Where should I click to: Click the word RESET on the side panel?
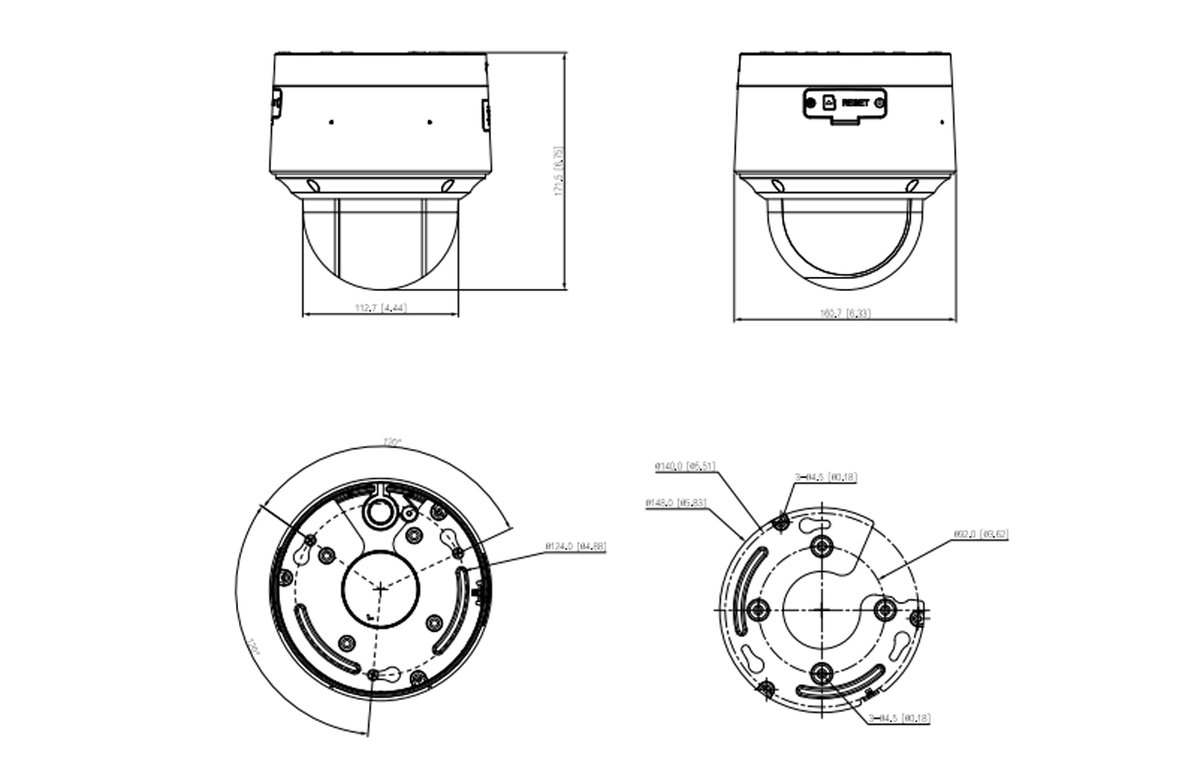coord(856,102)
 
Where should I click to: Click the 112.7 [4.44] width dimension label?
coord(381,308)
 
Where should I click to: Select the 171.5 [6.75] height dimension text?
coord(559,171)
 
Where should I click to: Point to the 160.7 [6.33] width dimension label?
coord(846,313)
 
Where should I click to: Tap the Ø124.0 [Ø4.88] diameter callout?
coord(578,547)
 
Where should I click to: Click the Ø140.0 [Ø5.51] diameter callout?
coord(684,467)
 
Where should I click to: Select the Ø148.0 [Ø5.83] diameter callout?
coord(676,502)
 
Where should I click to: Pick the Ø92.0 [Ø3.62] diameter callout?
coord(981,535)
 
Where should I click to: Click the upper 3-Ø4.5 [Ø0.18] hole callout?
coord(826,477)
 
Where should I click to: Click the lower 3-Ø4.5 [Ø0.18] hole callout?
coord(899,718)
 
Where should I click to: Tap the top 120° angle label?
coord(391,441)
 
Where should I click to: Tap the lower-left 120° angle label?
coord(253,648)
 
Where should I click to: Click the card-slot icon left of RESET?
coord(829,102)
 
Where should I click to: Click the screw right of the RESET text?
coord(880,102)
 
